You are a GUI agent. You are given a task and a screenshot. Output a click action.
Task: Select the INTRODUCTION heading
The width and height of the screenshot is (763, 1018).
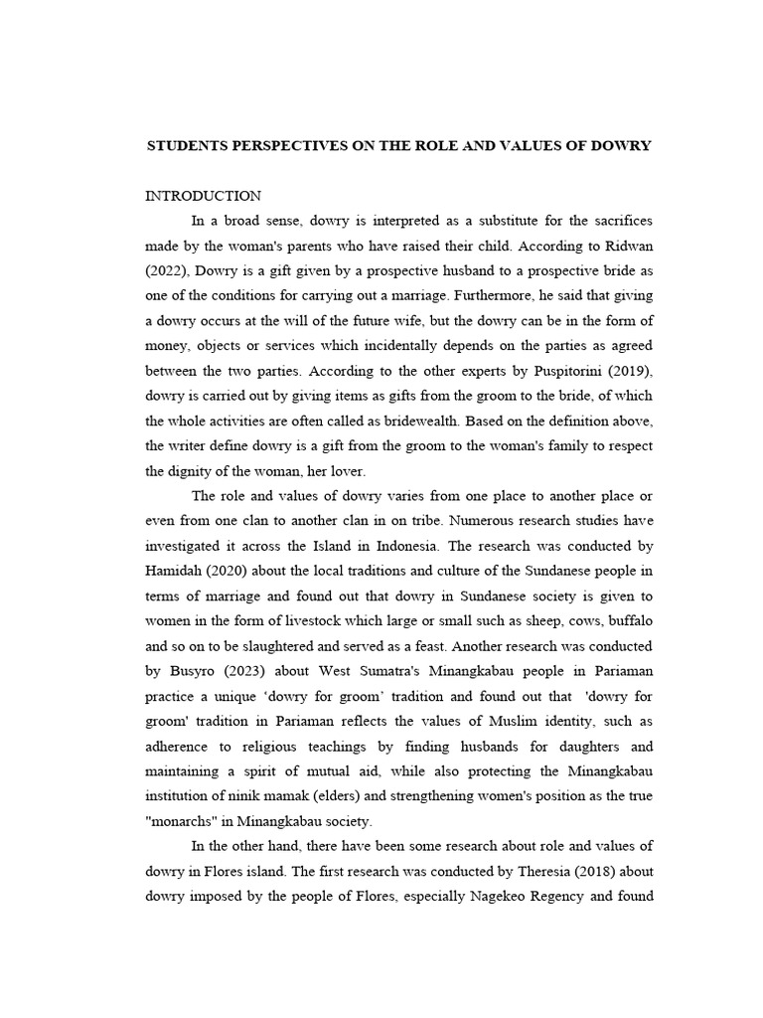pyautogui.click(x=204, y=196)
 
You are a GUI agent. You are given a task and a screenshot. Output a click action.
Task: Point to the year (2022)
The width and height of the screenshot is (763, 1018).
pyautogui.click(x=166, y=271)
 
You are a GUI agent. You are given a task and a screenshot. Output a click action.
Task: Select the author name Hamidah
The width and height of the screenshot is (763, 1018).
pyautogui.click(x=177, y=570)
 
